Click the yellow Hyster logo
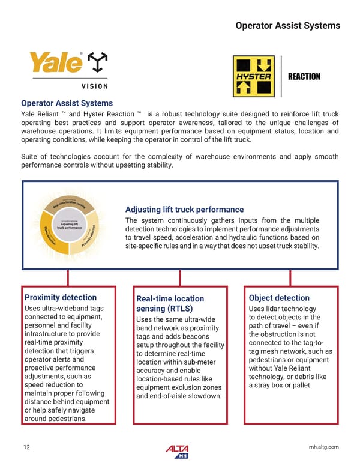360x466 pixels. tap(253, 76)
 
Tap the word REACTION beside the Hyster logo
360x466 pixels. tap(304, 77)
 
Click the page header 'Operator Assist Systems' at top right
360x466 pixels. tap(287, 26)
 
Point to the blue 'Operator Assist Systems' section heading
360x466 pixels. tap(67, 103)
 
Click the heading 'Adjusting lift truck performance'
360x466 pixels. tap(184, 210)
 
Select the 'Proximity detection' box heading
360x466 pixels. tap(60, 297)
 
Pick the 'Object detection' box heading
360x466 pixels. tap(279, 298)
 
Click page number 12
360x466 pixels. tap(26, 447)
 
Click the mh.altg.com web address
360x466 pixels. tap(322, 447)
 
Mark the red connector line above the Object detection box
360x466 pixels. tap(290, 277)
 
